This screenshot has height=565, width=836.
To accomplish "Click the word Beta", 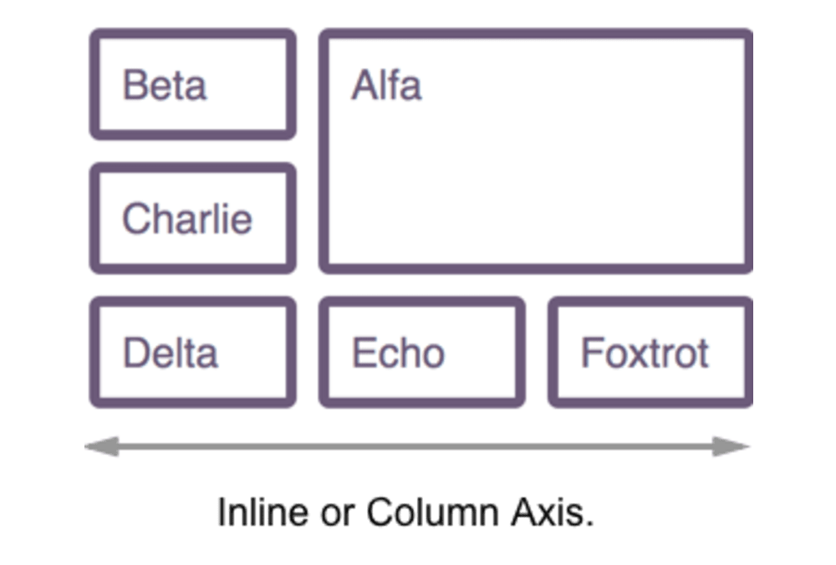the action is coord(164,85).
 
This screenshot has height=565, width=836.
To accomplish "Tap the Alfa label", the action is coord(386,84).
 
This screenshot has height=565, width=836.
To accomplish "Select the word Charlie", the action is coord(187,218).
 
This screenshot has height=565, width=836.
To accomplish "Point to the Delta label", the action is coord(170,353).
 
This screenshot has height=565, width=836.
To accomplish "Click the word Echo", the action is coord(398,353).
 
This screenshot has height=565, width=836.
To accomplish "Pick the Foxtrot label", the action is coord(645,353).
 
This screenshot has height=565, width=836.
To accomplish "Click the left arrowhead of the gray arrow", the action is coord(102,446).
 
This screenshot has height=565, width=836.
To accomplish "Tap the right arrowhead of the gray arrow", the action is coord(732,446).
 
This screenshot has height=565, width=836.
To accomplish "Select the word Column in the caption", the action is coord(433,512).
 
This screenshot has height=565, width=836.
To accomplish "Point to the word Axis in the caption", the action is coord(547,512).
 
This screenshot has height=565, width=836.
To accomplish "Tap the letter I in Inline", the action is coord(222,512).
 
